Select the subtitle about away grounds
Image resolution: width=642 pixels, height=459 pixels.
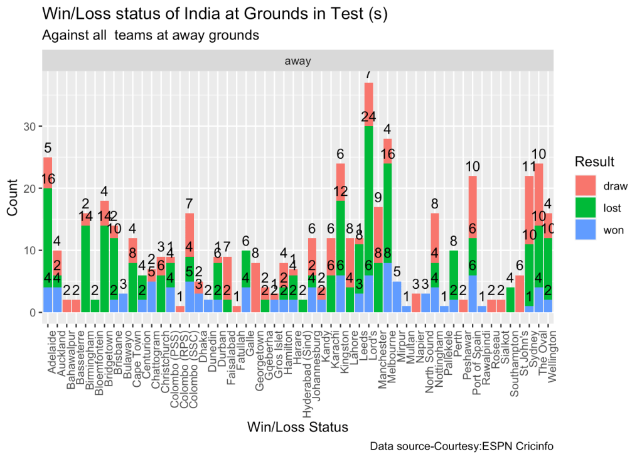click(151, 36)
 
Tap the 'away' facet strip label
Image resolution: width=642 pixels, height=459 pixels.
click(297, 61)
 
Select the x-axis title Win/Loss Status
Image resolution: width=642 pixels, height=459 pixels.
click(297, 428)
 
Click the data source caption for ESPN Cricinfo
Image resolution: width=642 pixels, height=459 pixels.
click(461, 446)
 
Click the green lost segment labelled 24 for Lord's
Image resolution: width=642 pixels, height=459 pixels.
click(368, 201)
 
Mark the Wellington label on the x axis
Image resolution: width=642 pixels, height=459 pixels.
click(552, 352)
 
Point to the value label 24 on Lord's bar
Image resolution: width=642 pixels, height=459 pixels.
click(368, 117)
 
